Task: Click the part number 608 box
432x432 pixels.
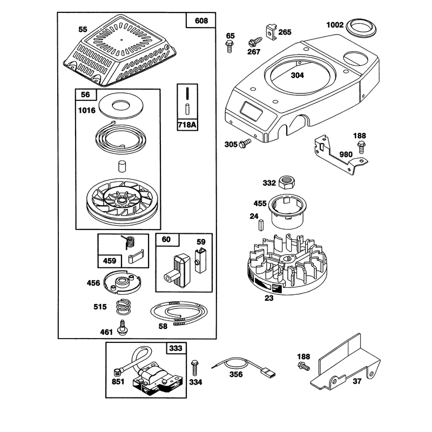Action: point(201,21)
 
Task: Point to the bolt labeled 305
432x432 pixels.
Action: point(245,143)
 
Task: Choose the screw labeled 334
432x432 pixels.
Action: point(195,368)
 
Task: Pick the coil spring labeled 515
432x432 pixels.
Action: point(123,307)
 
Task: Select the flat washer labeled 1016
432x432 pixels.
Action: point(120,105)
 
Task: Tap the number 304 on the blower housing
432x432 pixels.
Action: point(298,75)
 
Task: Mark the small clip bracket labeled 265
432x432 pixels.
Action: point(272,32)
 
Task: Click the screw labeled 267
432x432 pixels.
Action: point(254,42)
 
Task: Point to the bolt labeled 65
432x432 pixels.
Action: point(230,46)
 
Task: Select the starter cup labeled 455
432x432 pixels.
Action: point(288,211)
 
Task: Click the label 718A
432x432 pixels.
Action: point(187,125)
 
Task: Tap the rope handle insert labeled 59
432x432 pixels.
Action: point(200,260)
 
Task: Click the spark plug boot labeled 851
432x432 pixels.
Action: point(118,373)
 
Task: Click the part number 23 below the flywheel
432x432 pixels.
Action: point(268,298)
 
